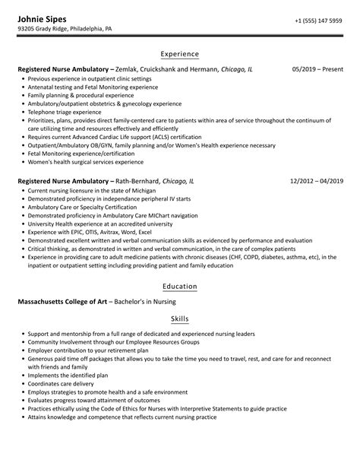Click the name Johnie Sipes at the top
[x=44, y=17]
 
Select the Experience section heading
[x=180, y=54]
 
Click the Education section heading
[x=180, y=286]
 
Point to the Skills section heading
[x=180, y=319]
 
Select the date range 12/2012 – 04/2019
[x=316, y=182]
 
